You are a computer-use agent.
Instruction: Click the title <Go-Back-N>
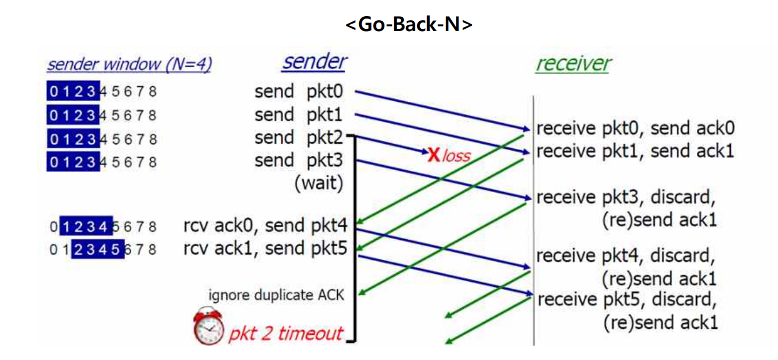[x=409, y=26]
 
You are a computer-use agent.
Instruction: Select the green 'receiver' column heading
[x=573, y=64]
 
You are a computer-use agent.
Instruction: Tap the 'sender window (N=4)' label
[x=129, y=64]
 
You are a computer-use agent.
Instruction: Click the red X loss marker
[x=433, y=154]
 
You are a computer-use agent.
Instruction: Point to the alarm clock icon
[x=208, y=326]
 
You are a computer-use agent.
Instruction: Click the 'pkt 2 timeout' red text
[x=286, y=334]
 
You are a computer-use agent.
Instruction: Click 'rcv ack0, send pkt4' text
[x=265, y=226]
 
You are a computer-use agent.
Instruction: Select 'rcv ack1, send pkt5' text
[x=265, y=249]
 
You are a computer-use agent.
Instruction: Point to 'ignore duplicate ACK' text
[x=276, y=296]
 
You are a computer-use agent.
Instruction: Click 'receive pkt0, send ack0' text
[x=635, y=128]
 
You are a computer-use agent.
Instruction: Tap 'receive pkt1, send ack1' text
[x=635, y=151]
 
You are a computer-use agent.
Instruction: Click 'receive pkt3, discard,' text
[x=626, y=197]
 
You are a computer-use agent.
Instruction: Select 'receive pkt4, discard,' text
[x=626, y=255]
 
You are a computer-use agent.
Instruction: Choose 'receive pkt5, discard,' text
[x=627, y=300]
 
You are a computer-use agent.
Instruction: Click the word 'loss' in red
[x=456, y=155]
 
